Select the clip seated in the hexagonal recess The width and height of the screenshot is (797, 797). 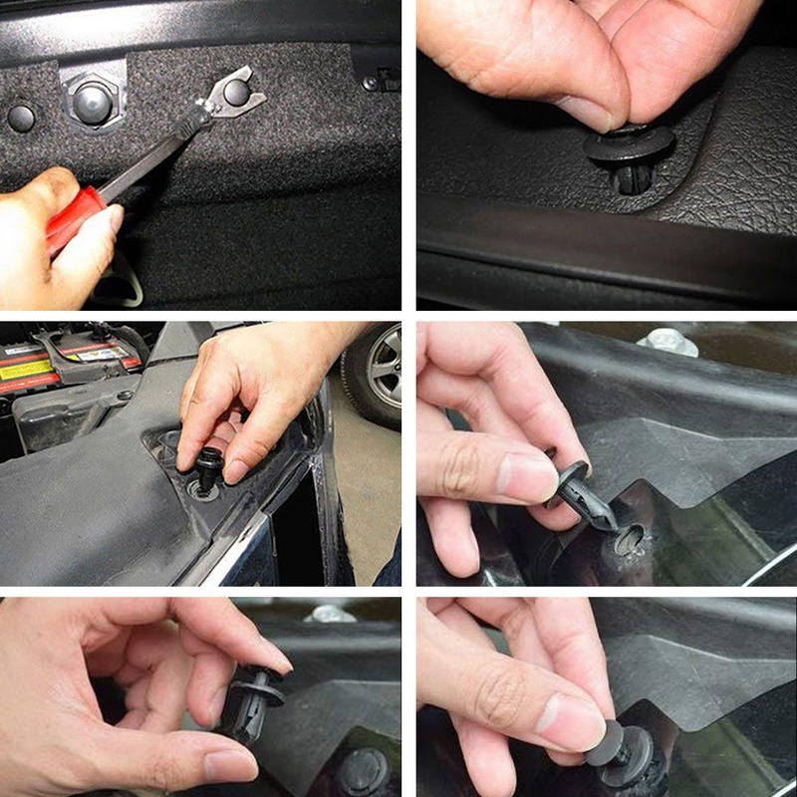tap(92, 101)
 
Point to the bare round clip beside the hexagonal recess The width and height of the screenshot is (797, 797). tap(21, 118)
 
